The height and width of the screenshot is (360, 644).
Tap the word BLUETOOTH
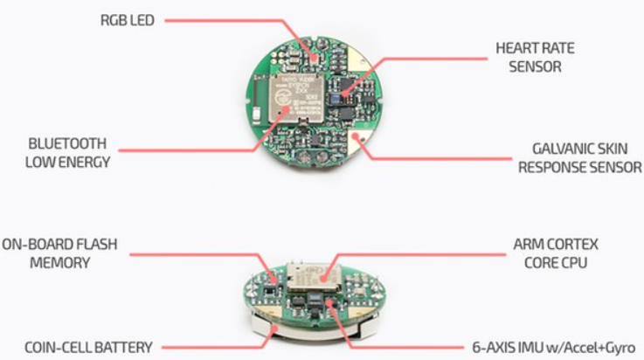[66, 143]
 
